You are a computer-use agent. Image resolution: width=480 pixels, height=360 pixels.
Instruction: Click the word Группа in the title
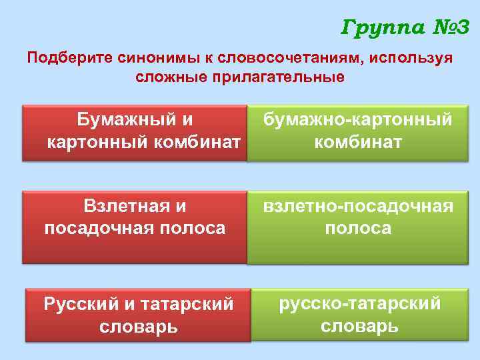point(380,27)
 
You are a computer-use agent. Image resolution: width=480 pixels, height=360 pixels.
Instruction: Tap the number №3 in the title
point(447,27)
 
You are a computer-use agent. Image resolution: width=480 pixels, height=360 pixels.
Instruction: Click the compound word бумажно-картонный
point(357,120)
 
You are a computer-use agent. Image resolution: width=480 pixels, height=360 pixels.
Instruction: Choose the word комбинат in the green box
point(358,142)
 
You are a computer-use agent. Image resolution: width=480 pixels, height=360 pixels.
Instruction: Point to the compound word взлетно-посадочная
point(358,206)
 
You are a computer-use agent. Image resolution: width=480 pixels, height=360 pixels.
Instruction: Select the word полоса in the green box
point(358,228)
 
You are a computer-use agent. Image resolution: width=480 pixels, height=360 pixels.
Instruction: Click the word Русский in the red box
point(81,305)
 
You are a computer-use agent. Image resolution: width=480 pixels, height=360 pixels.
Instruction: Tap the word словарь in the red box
point(139,327)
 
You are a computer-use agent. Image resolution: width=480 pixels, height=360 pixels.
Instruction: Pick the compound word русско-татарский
point(359,304)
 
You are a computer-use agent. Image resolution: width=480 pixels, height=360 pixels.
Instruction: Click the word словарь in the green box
point(359,326)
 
